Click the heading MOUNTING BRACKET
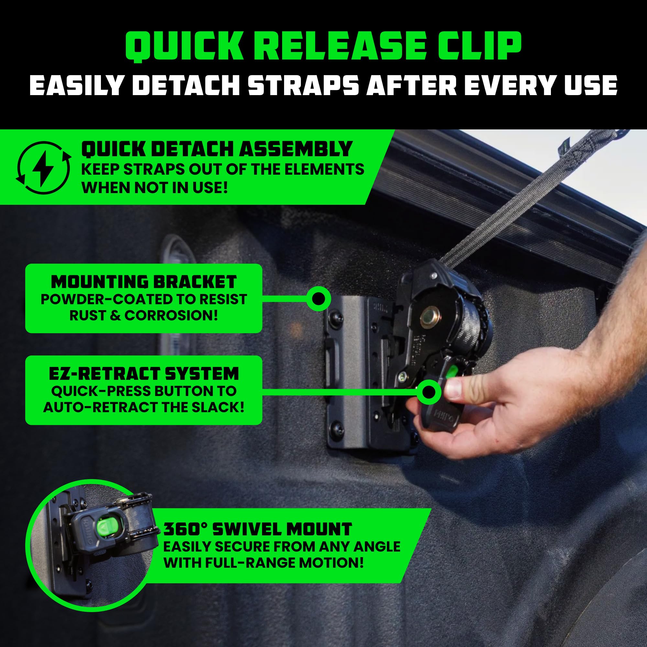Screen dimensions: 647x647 click(x=144, y=282)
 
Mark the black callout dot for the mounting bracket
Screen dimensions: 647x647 click(x=318, y=298)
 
